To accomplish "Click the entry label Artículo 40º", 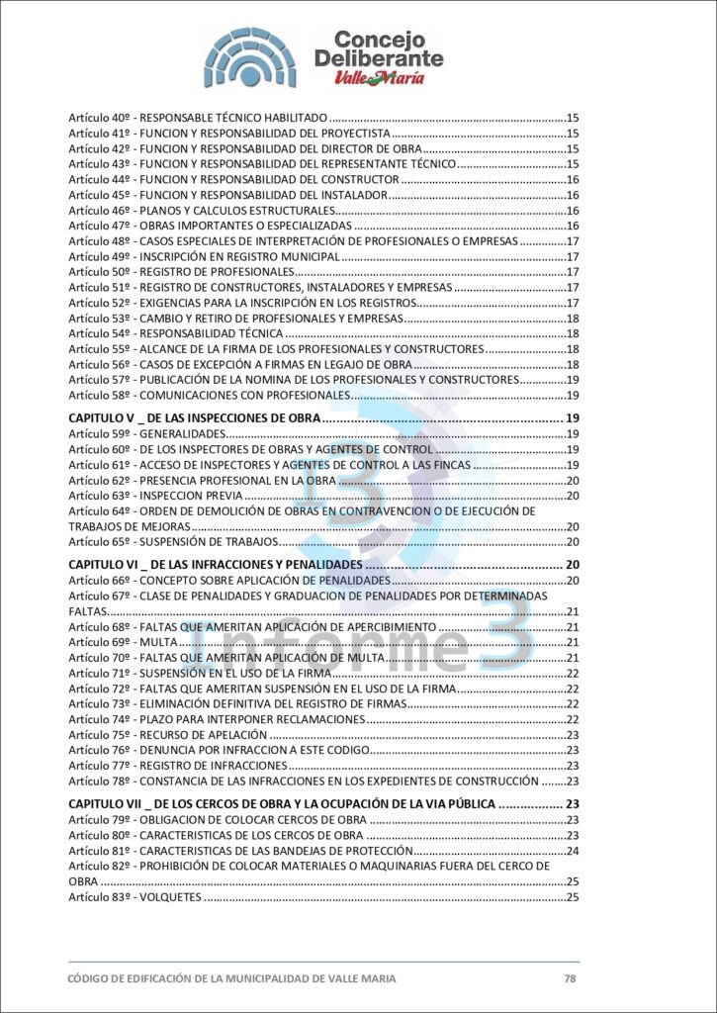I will click(x=99, y=118).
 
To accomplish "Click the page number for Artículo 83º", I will click(x=572, y=897).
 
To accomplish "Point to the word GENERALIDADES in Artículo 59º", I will click(x=182, y=433).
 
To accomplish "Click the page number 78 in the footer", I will click(x=570, y=978).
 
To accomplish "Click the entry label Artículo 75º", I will click(x=99, y=735).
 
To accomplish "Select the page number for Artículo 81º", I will click(x=572, y=851).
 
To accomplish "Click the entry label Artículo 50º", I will click(x=99, y=271).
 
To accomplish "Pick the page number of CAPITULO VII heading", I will click(x=572, y=804).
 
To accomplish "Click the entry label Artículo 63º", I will click(x=99, y=496).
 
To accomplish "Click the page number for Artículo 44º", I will click(x=572, y=179).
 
